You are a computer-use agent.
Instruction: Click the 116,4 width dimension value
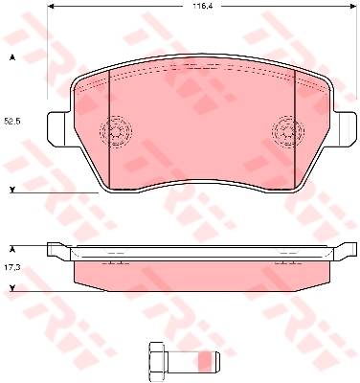[201, 6]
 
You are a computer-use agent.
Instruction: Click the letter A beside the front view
[12, 57]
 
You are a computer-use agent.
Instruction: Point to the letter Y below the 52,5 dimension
[12, 190]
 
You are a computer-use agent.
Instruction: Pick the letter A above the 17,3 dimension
[12, 250]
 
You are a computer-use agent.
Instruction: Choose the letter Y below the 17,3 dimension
[12, 288]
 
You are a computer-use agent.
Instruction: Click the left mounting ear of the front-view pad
[58, 129]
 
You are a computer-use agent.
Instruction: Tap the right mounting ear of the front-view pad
[345, 129]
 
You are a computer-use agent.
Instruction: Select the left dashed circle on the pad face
[116, 131]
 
